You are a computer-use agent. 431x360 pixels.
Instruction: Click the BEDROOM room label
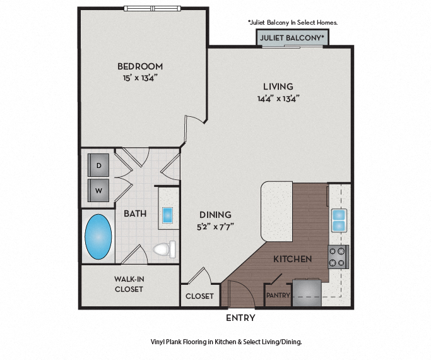(x=139, y=66)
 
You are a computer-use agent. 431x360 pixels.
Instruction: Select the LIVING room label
(x=278, y=87)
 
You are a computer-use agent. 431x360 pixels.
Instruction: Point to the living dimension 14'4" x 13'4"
(x=277, y=98)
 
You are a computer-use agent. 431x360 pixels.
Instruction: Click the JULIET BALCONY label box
(x=292, y=39)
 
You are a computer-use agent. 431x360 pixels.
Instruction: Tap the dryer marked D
(x=98, y=165)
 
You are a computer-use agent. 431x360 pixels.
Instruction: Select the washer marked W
(x=98, y=188)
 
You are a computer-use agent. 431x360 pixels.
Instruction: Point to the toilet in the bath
(x=163, y=249)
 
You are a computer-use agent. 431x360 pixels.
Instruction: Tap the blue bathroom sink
(x=168, y=215)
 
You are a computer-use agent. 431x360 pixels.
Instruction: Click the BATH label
(x=135, y=213)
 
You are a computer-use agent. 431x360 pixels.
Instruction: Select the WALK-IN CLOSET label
(x=128, y=284)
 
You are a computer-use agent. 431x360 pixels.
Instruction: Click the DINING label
(x=215, y=215)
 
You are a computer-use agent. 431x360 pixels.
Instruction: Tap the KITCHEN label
(x=292, y=259)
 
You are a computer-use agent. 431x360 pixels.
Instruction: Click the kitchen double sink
(x=339, y=220)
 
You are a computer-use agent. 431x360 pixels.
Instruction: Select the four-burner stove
(x=338, y=256)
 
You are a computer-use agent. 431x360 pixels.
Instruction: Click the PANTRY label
(x=278, y=295)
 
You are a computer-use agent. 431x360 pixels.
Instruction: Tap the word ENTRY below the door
(x=240, y=318)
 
